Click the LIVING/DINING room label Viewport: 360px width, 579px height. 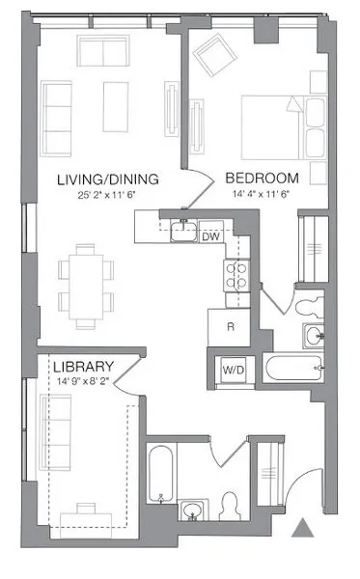[107, 179]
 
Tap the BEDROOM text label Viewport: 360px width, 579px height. [262, 179]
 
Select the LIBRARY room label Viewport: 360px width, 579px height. [84, 368]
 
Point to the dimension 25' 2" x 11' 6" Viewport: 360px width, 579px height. [107, 196]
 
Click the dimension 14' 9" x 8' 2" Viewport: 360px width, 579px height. [84, 382]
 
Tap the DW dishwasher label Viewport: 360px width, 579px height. [210, 235]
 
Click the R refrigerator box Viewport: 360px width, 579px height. [230, 327]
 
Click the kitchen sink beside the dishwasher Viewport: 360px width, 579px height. [181, 232]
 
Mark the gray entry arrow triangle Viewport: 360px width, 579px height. [303, 527]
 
